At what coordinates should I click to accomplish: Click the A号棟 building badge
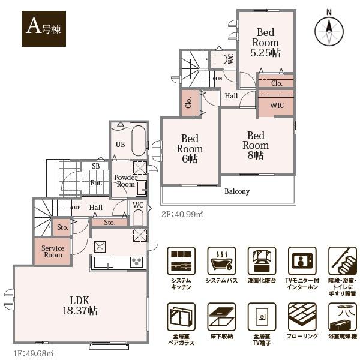click(44, 29)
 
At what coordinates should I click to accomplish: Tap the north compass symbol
click(329, 30)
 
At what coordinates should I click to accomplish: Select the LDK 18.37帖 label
click(80, 305)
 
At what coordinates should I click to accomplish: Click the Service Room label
click(53, 251)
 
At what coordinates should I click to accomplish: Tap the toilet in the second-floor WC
click(218, 59)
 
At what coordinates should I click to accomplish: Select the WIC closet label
click(277, 106)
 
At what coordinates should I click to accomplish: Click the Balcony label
click(237, 191)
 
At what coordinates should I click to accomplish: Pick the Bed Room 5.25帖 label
click(265, 43)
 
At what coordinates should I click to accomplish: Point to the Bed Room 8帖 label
click(256, 145)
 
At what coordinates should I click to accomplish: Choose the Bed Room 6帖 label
click(190, 149)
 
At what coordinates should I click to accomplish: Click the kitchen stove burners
click(137, 262)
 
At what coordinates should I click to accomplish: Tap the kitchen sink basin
click(104, 262)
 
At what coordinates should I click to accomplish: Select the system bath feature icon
click(221, 261)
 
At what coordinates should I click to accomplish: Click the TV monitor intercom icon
click(302, 261)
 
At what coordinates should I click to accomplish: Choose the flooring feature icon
click(302, 317)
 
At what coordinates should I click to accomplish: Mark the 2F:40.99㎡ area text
click(182, 214)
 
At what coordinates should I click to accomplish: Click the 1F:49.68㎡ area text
click(34, 353)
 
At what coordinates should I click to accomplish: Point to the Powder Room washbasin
click(142, 188)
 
